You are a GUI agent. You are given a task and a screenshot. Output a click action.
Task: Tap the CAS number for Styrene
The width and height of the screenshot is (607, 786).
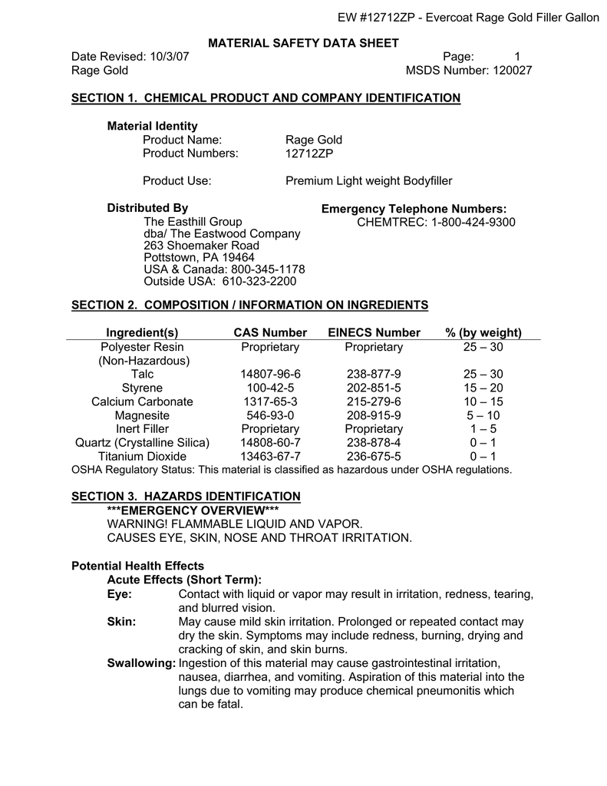(270, 388)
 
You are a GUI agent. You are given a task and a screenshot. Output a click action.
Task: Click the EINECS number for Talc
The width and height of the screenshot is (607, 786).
(374, 374)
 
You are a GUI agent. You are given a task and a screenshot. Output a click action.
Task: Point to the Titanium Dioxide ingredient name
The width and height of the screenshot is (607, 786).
(142, 457)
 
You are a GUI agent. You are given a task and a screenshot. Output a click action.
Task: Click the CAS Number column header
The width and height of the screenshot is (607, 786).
(270, 332)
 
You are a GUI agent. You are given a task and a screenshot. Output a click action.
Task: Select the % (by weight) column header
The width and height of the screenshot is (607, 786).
(483, 332)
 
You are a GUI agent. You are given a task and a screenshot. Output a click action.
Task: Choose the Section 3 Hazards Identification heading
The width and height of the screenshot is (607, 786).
(186, 497)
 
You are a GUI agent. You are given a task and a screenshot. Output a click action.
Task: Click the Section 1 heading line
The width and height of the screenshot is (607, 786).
(266, 98)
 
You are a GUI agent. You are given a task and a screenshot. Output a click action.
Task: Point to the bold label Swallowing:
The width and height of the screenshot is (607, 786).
(141, 662)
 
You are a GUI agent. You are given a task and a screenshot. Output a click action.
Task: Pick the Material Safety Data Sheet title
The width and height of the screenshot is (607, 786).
(305, 43)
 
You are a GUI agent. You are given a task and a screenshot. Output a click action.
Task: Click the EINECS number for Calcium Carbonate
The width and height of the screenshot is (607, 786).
(374, 401)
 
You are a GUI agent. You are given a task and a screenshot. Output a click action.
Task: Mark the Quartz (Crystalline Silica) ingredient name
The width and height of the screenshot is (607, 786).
(142, 443)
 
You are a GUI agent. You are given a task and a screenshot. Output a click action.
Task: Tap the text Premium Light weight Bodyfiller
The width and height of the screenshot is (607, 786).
(369, 181)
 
